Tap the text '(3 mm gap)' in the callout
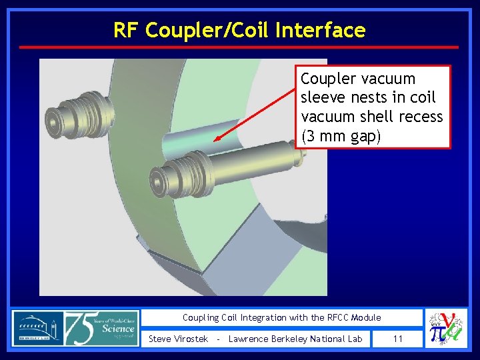(x=341, y=135)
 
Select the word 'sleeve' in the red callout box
(x=323, y=98)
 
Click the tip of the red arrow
(x=214, y=140)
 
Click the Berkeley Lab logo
(x=37, y=328)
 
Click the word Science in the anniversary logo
(x=119, y=329)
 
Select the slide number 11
(x=398, y=339)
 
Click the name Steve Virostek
(x=179, y=339)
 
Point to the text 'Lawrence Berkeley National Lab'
(x=295, y=339)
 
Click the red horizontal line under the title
(x=239, y=47)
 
